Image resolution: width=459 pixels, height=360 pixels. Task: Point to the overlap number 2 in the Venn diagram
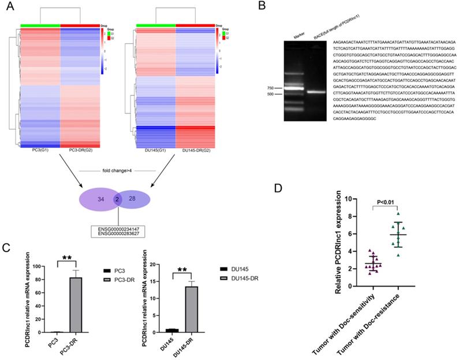(x=117, y=199)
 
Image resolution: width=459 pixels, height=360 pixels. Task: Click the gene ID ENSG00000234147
(x=120, y=229)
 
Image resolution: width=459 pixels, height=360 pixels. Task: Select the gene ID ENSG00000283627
(x=120, y=235)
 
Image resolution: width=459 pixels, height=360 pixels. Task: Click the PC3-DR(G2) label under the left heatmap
(x=79, y=152)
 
